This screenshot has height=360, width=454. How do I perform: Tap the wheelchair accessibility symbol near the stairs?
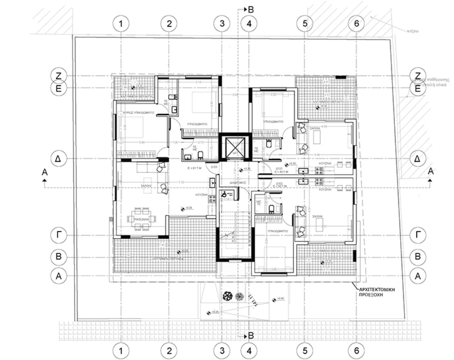point(224,193)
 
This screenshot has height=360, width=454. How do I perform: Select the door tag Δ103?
point(215,167)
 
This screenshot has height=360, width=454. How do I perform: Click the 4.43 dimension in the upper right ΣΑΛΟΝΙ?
point(325,126)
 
